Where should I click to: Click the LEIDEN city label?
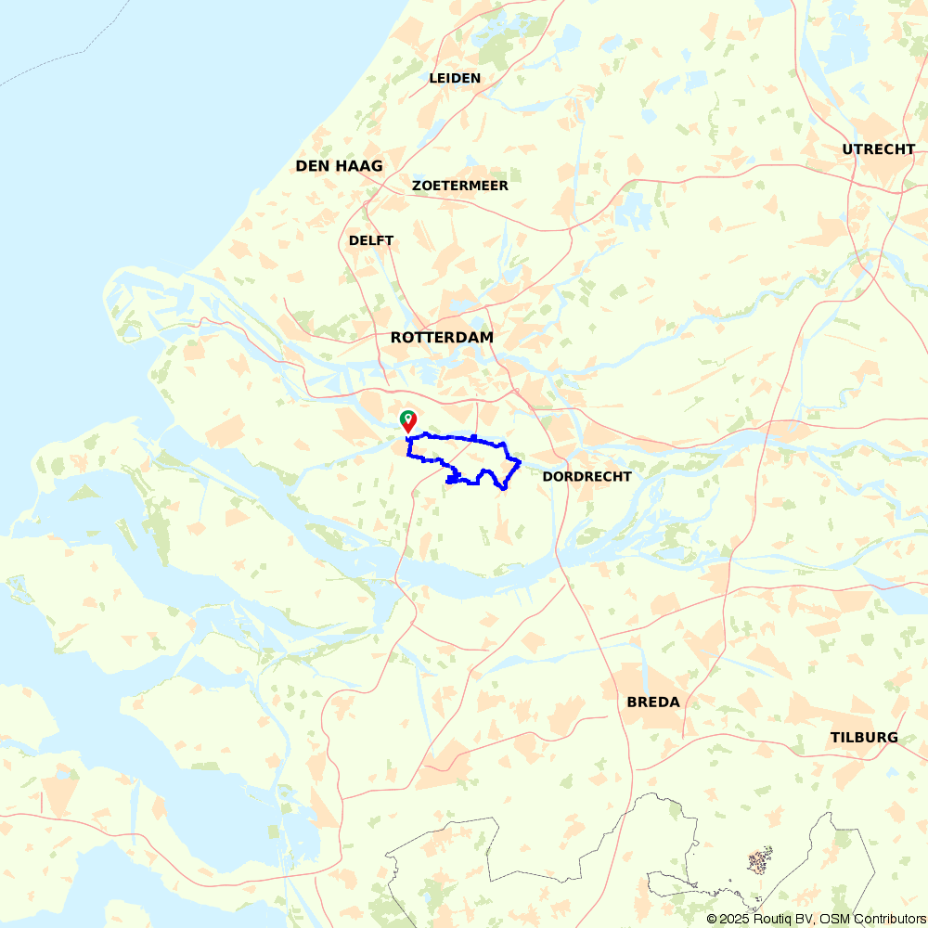coord(455,78)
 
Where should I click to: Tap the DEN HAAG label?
coord(339,166)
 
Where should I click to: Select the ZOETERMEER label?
coord(460,186)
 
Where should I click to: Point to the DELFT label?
coord(371,240)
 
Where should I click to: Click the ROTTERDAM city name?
coord(442,338)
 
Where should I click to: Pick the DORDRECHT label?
coord(586,476)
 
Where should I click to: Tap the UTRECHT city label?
coord(878,149)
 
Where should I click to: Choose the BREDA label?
coord(653,702)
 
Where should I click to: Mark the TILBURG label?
coord(864,738)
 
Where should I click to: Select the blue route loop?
coord(445,436)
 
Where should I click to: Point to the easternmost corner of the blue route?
coord(521,461)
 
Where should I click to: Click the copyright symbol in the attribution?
coord(712,919)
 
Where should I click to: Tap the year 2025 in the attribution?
coord(734,919)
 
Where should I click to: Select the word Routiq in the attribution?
coord(774,919)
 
